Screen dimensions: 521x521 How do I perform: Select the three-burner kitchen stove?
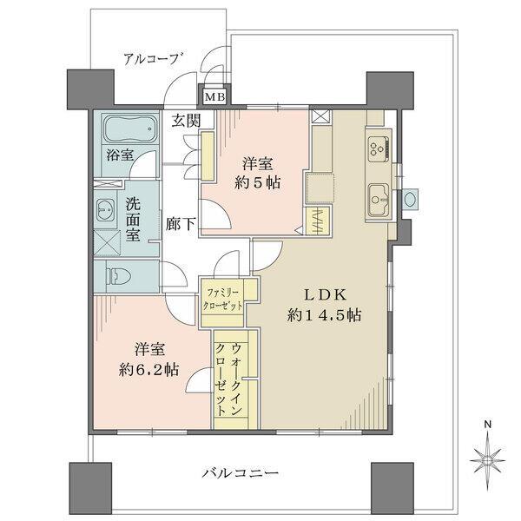[379, 148]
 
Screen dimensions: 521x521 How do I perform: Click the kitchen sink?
[380, 195]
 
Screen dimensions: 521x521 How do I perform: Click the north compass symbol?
[488, 455]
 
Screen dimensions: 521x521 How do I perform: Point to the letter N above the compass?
[488, 424]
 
